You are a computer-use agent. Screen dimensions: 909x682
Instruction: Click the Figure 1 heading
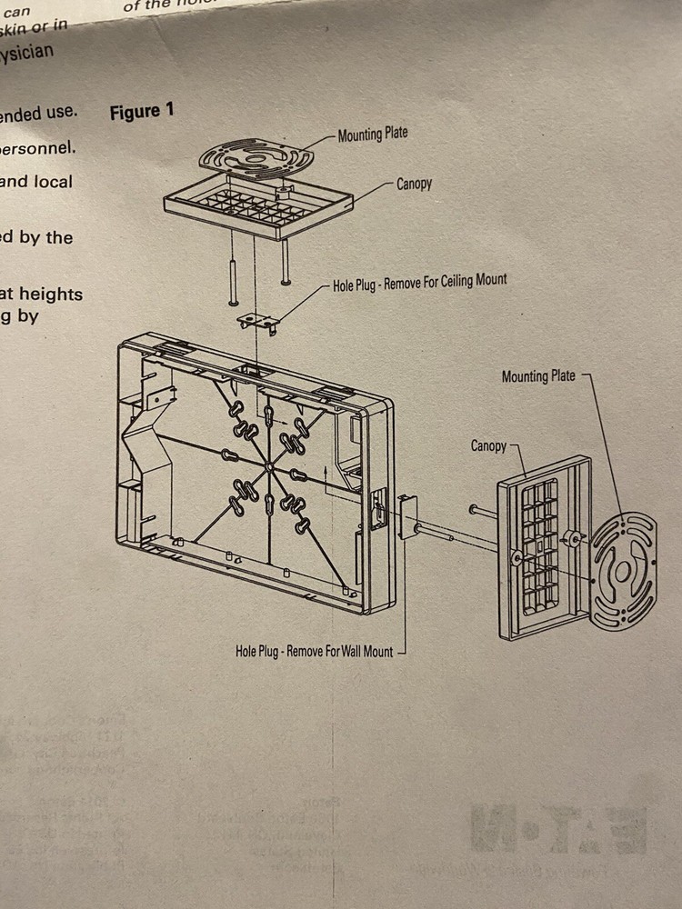point(141,112)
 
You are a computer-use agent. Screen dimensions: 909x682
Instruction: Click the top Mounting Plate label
point(373,135)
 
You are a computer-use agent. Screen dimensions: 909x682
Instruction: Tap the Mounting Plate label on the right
point(538,375)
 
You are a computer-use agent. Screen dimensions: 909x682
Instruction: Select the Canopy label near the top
point(414,184)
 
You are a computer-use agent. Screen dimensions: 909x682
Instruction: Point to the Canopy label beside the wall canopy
point(488,446)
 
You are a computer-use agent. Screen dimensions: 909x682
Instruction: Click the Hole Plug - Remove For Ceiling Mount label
point(419,281)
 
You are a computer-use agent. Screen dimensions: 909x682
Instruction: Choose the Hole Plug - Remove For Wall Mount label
point(314,652)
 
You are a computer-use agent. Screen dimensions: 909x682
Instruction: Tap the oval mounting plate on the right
point(624,571)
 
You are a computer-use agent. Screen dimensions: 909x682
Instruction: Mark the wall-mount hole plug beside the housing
point(406,517)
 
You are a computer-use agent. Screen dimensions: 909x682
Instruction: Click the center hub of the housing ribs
point(270,467)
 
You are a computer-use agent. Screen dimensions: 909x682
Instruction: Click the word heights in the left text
point(52,294)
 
